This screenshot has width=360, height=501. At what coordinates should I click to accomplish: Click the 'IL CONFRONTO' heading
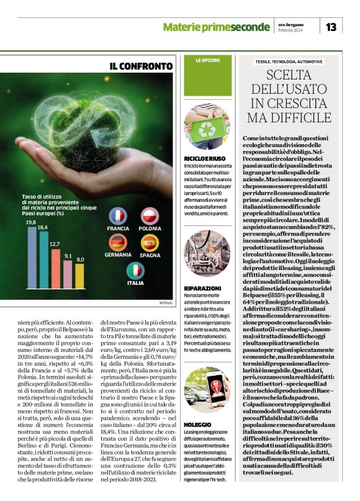click(x=142, y=66)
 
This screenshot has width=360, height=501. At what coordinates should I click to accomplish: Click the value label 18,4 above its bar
click(x=42, y=228)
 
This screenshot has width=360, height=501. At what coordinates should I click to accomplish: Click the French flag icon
click(x=118, y=216)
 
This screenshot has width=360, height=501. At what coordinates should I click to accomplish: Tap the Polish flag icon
click(x=148, y=216)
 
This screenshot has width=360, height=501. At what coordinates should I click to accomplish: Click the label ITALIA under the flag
click(x=135, y=283)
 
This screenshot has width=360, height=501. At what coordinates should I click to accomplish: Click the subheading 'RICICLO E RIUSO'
click(x=204, y=159)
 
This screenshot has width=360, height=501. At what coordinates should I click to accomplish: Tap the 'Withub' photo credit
click(x=165, y=302)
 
